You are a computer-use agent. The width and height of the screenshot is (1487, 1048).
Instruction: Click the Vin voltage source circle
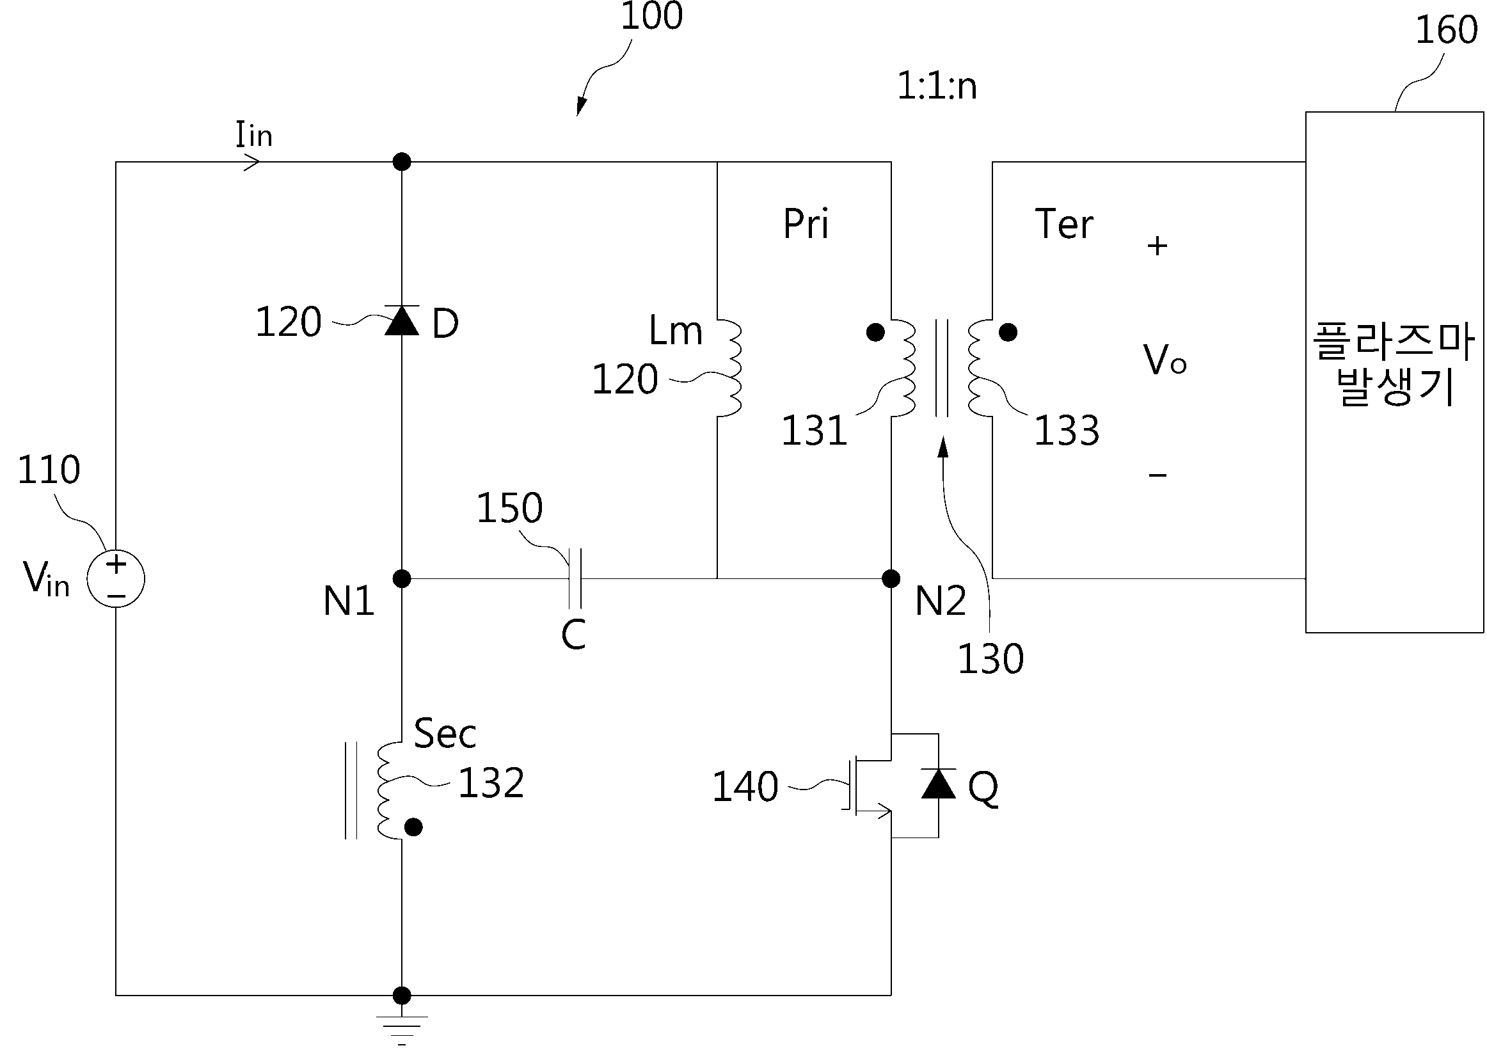tap(116, 578)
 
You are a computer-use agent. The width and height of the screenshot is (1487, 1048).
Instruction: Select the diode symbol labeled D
tap(402, 320)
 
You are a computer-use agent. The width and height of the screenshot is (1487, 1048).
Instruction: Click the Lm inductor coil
tap(729, 368)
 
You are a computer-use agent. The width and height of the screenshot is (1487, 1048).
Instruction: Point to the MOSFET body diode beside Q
tap(938, 784)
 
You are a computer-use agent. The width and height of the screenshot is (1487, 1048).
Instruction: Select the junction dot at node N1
tap(402, 578)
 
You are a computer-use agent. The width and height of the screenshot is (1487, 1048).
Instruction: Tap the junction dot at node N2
tap(891, 578)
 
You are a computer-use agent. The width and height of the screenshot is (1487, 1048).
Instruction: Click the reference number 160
tap(1446, 30)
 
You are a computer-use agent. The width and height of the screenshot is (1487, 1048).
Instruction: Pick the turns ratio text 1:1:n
tap(937, 86)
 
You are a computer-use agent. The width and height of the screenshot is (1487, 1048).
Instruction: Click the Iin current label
tap(254, 135)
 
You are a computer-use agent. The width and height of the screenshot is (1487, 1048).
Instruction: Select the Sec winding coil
tap(389, 790)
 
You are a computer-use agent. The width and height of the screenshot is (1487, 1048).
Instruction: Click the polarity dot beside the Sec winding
tap(413, 827)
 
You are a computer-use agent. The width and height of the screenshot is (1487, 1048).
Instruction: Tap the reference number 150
tap(510, 507)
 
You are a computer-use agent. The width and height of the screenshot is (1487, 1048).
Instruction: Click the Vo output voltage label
tap(1165, 360)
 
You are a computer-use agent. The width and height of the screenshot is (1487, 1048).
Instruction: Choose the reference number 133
tap(1067, 430)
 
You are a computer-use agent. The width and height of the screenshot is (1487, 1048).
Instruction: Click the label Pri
tap(806, 223)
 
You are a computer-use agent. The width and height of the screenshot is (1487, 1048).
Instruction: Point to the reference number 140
tap(745, 787)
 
